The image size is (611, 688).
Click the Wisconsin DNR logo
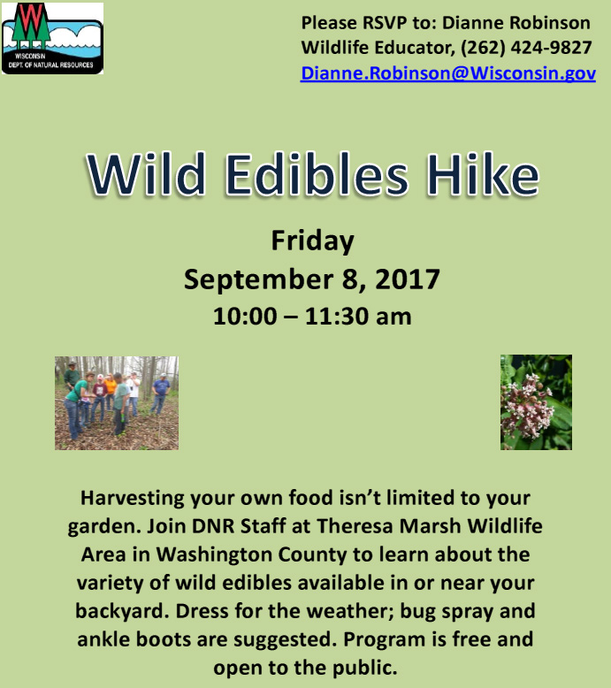[53, 38]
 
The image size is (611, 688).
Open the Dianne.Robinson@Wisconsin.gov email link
[447, 73]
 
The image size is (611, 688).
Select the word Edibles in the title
[316, 174]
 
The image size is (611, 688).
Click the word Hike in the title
[482, 173]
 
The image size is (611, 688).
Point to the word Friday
[312, 241]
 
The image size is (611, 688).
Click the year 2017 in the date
[407, 279]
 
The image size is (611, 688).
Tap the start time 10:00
[245, 317]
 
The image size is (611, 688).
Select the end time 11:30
[336, 317]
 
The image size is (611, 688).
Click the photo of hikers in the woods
[117, 402]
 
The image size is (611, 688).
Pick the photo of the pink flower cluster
[536, 402]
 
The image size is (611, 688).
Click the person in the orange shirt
[111, 387]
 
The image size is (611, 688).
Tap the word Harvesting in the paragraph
[133, 499]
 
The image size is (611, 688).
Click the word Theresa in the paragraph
[355, 525]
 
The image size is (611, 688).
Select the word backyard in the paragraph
[122, 611]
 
